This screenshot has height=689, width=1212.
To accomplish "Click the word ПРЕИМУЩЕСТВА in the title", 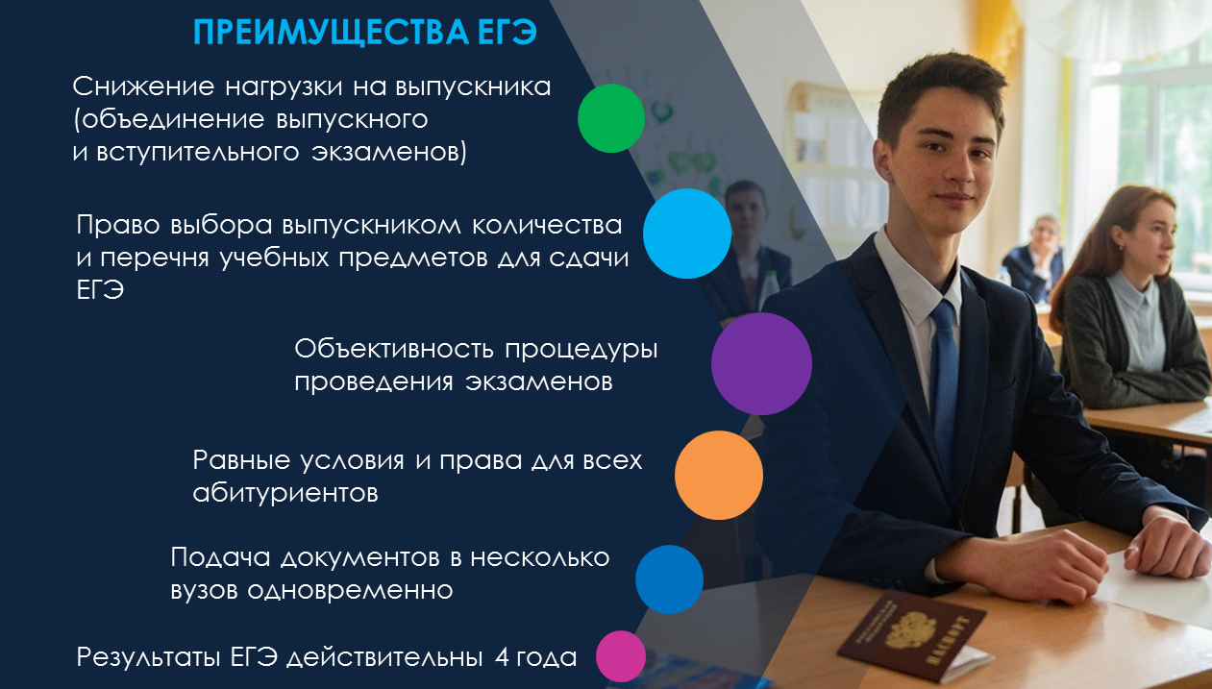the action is click(332, 32).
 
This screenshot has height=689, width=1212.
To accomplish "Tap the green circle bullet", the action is click(611, 118).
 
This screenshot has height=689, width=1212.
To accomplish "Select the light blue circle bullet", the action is click(687, 234).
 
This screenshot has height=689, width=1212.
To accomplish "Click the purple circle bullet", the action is click(761, 364).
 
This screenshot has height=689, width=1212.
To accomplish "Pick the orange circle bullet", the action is click(719, 476).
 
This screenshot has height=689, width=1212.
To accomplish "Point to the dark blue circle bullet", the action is click(669, 579).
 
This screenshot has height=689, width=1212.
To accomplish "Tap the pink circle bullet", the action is click(621, 656).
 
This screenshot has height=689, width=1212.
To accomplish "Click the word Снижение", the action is click(143, 86).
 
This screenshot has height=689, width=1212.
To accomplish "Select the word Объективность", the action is click(394, 349).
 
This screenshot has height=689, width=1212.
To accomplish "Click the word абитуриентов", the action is click(285, 493).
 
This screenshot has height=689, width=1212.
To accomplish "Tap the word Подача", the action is click(220, 557).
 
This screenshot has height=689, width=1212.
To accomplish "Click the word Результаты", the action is click(148, 657).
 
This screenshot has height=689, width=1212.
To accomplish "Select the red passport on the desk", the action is click(912, 634).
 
